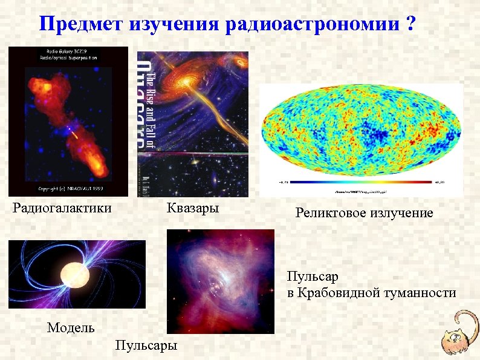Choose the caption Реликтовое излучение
click(364, 213)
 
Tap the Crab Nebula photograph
click(220, 281)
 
